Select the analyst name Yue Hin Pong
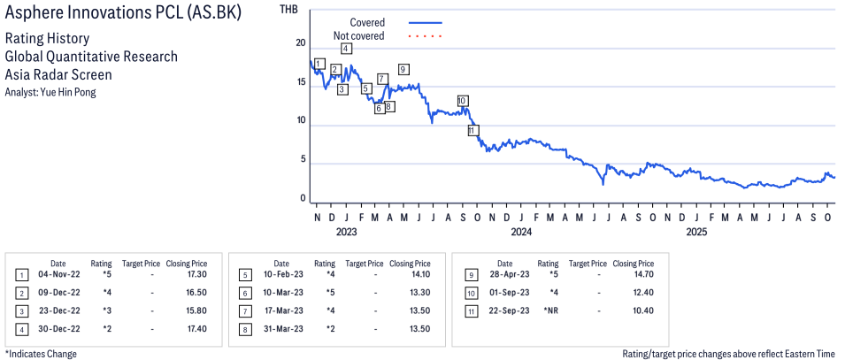[x=50, y=91]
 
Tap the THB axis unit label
[x=288, y=10]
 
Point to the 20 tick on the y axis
[x=301, y=43]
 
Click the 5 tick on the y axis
[x=303, y=160]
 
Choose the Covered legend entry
[x=367, y=22]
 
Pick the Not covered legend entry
[x=358, y=35]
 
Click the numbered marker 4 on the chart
[x=346, y=49]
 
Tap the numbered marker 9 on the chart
[x=403, y=69]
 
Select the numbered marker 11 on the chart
[x=472, y=130]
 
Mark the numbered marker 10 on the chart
[x=462, y=100]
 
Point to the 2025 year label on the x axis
[x=696, y=233]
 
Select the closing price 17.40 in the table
[x=186, y=328]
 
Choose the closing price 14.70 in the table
[x=633, y=275]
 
